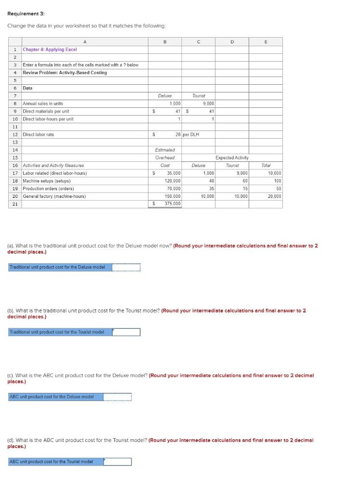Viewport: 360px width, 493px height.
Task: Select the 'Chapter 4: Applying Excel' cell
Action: click(50, 50)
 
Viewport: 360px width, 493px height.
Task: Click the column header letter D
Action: click(232, 41)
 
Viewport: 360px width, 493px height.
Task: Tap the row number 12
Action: click(15, 134)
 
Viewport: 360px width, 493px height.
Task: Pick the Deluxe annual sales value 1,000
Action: click(175, 104)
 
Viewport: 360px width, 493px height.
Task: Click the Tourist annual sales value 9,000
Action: click(208, 104)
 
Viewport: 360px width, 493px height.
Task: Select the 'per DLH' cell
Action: click(191, 134)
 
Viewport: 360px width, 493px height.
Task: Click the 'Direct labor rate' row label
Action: click(39, 134)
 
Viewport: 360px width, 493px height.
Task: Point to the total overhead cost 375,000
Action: click(172, 204)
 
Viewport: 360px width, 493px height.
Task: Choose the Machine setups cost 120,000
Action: click(172, 181)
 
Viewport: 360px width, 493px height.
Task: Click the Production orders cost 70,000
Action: click(173, 188)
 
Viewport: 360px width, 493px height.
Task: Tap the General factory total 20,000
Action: click(274, 196)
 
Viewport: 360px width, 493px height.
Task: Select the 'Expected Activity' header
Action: click(232, 157)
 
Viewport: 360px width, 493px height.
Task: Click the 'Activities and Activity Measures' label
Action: click(53, 165)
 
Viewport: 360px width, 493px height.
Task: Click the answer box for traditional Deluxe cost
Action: click(126, 267)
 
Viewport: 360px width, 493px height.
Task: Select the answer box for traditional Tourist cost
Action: click(126, 332)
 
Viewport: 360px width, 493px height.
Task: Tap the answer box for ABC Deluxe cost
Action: click(117, 397)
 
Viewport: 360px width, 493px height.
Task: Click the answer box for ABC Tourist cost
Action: click(117, 461)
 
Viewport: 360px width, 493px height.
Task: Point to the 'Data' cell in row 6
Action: click(27, 88)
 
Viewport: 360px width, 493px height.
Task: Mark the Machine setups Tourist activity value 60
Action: click(245, 181)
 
